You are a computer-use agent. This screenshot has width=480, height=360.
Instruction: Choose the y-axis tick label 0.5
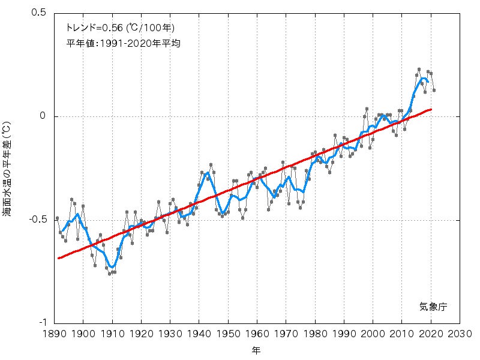click(x=40, y=13)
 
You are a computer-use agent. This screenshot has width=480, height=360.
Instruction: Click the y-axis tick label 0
click(x=43, y=116)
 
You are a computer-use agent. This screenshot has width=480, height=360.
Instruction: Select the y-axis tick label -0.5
click(x=38, y=220)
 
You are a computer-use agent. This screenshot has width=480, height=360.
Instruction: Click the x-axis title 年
click(x=257, y=349)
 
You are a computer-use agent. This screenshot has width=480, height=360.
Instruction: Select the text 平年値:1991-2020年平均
click(x=124, y=43)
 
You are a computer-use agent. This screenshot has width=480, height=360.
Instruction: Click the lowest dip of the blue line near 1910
click(x=112, y=266)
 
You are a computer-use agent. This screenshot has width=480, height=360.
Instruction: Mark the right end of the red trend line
click(x=431, y=109)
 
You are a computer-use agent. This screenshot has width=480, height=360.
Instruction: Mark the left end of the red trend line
click(x=58, y=258)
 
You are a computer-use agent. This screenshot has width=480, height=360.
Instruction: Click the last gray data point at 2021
click(x=434, y=90)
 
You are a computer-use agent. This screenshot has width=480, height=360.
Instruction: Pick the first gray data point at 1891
click(x=57, y=218)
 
